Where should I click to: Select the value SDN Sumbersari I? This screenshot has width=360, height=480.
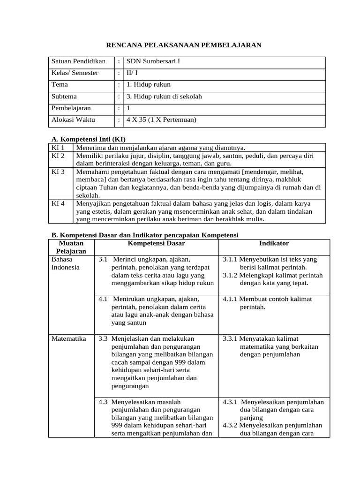[x=153, y=61]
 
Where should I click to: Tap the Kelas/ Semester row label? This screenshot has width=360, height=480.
[x=75, y=73]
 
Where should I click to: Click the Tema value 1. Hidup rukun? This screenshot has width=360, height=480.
[x=149, y=85]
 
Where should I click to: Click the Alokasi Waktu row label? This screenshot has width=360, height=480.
[x=73, y=120]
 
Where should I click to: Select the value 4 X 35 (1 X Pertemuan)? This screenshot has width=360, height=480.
[x=161, y=120]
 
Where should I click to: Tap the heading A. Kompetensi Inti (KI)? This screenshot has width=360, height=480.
[x=88, y=139]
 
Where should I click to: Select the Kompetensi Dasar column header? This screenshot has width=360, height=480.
[x=156, y=243]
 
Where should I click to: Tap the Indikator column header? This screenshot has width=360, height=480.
[x=274, y=243]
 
